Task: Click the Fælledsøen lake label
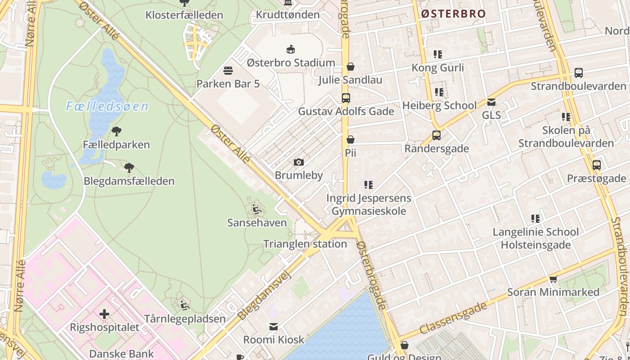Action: [x=107, y=107]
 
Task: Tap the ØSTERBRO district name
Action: [x=454, y=14]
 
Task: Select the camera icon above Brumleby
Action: [x=298, y=162]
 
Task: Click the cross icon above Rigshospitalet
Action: [x=104, y=314]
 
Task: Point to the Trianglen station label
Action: [x=305, y=244]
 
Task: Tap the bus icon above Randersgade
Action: [x=436, y=135]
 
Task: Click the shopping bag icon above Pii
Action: [x=351, y=139]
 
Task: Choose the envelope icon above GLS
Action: [x=491, y=102]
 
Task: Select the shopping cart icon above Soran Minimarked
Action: [x=553, y=279]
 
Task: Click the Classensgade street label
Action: [x=454, y=319]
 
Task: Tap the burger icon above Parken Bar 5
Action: [x=228, y=71]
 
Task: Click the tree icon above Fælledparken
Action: [x=117, y=131]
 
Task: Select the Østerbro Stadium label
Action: [x=291, y=63]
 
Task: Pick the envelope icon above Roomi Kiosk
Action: [x=274, y=326]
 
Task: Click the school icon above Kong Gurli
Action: [x=437, y=54]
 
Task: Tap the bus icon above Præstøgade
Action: [x=596, y=165]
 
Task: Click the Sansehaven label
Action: [x=257, y=223]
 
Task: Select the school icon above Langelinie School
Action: [x=535, y=219]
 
